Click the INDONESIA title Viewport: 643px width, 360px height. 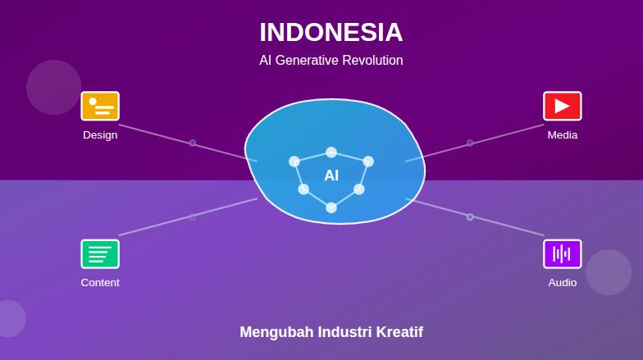click(x=331, y=33)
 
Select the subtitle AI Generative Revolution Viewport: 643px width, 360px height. click(x=331, y=61)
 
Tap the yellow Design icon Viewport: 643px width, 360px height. click(x=100, y=106)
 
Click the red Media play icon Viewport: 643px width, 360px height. click(x=562, y=106)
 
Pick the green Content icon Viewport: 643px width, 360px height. click(x=100, y=253)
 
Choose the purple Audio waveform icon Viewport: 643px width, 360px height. click(x=562, y=253)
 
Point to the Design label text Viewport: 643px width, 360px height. click(x=100, y=135)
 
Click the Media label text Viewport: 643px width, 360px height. click(x=562, y=135)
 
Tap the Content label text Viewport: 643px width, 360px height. click(x=100, y=283)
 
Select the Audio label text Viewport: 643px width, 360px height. click(x=562, y=283)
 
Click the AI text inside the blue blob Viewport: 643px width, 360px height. click(x=331, y=175)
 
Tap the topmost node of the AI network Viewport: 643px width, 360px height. click(x=331, y=152)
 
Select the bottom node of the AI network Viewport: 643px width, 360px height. click(x=331, y=207)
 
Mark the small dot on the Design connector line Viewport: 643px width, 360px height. click(x=193, y=143)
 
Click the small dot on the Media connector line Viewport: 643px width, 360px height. click(x=470, y=143)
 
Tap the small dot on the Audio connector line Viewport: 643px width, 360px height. click(x=470, y=216)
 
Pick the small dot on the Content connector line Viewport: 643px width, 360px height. click(x=193, y=216)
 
